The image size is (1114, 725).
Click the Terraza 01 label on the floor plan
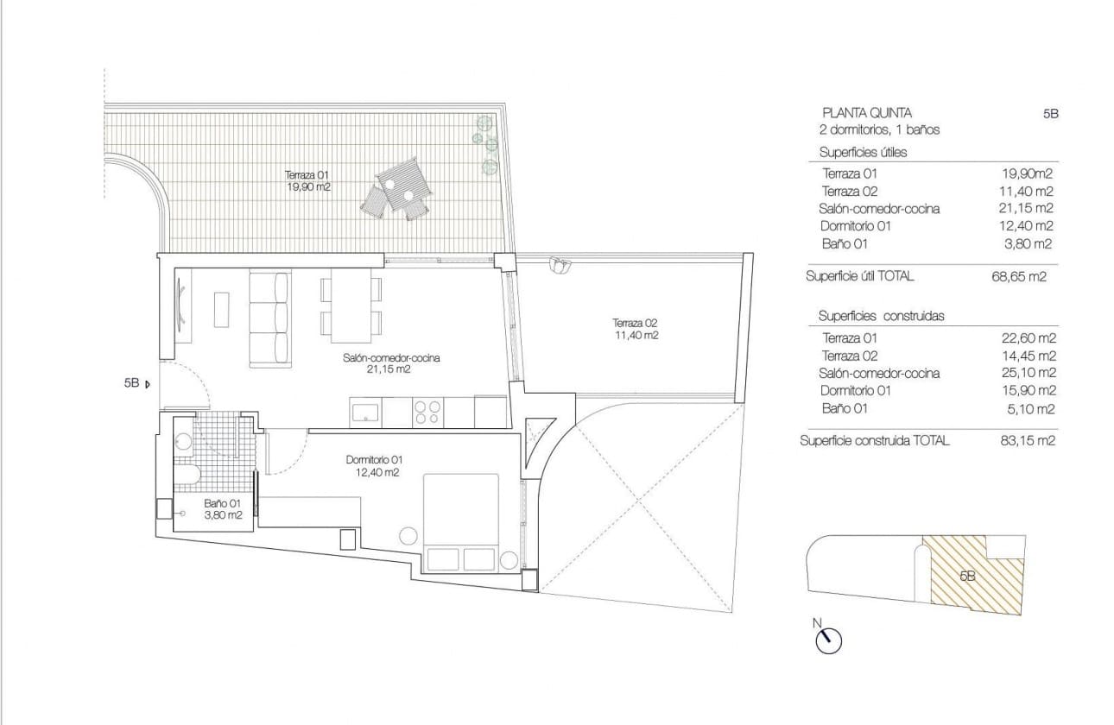click(308, 180)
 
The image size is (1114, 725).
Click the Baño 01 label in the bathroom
click(223, 509)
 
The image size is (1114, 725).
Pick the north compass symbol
click(828, 640)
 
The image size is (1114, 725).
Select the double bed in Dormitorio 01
click(461, 523)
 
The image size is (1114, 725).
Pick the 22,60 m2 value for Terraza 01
click(1028, 338)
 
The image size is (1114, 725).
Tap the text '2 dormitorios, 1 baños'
click(879, 130)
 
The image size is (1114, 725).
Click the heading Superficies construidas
click(881, 316)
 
